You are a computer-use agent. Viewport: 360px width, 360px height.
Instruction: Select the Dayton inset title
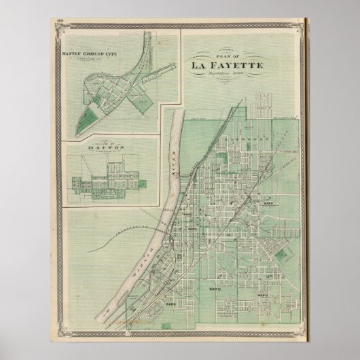98,145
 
